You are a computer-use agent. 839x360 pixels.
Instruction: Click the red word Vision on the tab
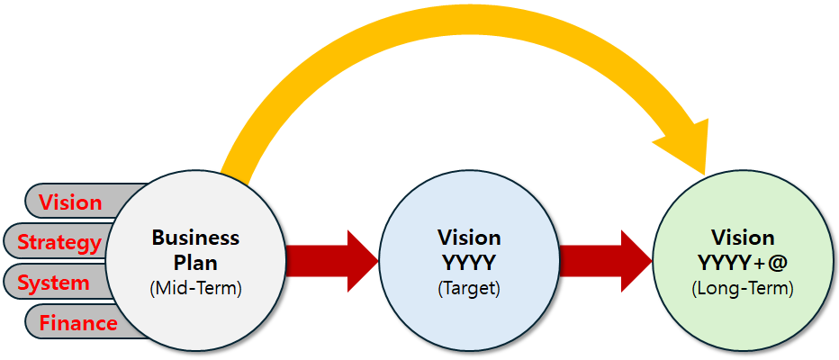click(x=70, y=202)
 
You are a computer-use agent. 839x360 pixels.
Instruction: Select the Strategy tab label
click(x=59, y=242)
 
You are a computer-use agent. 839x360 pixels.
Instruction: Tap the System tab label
click(x=54, y=283)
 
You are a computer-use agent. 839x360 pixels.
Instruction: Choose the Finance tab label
click(x=78, y=323)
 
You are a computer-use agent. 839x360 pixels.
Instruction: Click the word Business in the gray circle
click(x=195, y=238)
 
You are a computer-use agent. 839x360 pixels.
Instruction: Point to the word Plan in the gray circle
click(x=195, y=263)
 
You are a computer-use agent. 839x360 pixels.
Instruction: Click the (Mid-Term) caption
click(x=195, y=289)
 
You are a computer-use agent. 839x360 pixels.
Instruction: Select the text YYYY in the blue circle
click(x=469, y=263)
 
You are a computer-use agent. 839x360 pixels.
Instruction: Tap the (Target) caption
click(x=469, y=289)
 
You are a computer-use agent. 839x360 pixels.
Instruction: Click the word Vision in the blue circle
click(x=469, y=238)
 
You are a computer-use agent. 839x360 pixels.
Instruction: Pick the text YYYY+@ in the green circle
click(x=743, y=263)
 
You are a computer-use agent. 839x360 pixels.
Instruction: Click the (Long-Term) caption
click(x=743, y=289)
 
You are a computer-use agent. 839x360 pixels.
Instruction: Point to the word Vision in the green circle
click(x=743, y=238)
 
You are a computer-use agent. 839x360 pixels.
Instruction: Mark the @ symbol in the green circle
click(x=777, y=263)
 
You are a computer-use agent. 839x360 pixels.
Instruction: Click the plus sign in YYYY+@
click(x=757, y=263)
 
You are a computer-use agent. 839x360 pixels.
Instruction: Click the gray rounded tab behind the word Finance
click(x=36, y=323)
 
